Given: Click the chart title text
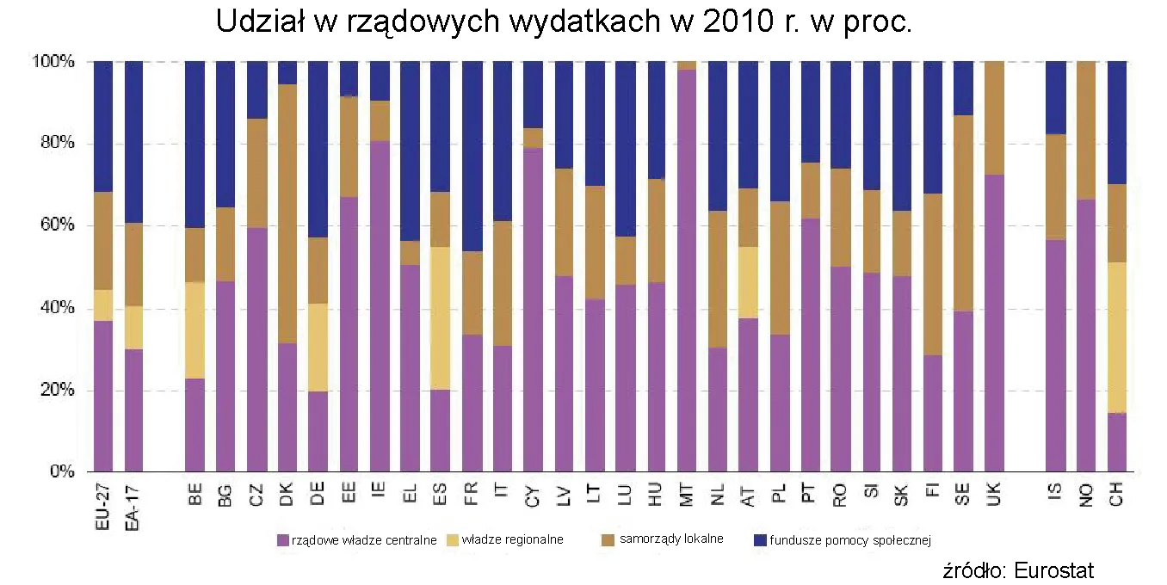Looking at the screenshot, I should point(564,22).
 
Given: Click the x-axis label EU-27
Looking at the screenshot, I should point(103,509).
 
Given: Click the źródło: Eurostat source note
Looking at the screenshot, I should point(1019,570).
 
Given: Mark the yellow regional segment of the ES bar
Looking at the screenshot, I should point(441,318).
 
